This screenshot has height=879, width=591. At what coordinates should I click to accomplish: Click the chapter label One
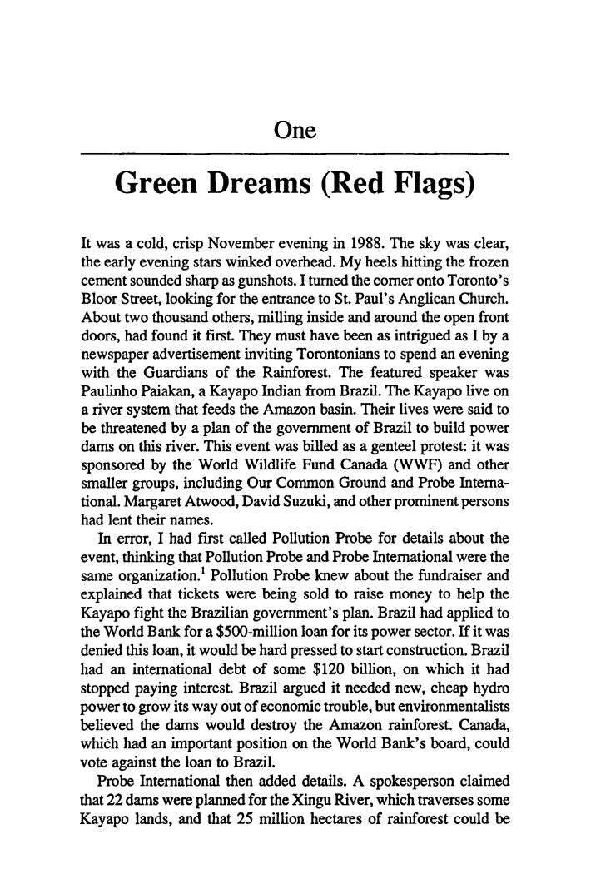pos(295,131)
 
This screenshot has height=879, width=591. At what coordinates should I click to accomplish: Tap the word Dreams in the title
pos(262,190)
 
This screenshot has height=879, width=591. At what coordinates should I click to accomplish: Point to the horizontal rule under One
pos(295,154)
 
